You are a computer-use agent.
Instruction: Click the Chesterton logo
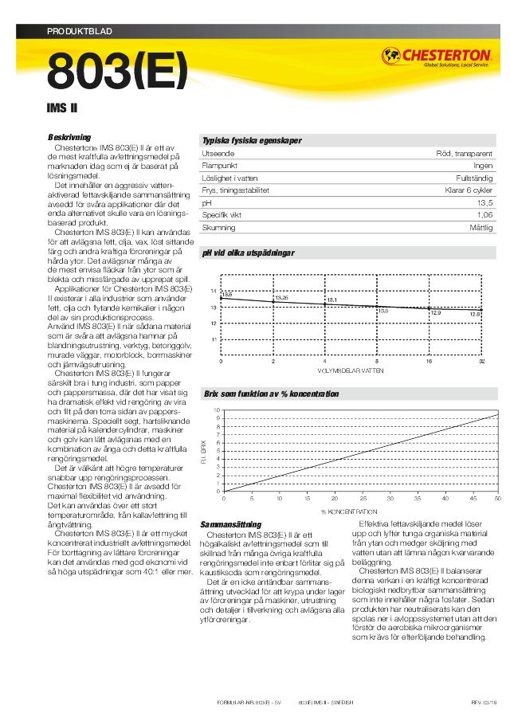click(436, 57)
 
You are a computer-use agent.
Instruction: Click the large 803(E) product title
click(117, 72)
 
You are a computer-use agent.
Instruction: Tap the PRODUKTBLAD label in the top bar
click(80, 31)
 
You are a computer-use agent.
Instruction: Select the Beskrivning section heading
click(69, 137)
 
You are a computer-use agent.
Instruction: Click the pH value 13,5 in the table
click(484, 203)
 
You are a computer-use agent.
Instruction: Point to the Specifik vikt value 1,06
click(484, 215)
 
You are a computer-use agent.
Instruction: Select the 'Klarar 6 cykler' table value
click(468, 190)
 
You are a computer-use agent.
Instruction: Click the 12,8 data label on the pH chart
click(475, 314)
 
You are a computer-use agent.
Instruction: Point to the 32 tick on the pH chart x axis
click(481, 362)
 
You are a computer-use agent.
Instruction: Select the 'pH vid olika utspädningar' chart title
click(249, 253)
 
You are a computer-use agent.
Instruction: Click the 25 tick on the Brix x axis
click(360, 498)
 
